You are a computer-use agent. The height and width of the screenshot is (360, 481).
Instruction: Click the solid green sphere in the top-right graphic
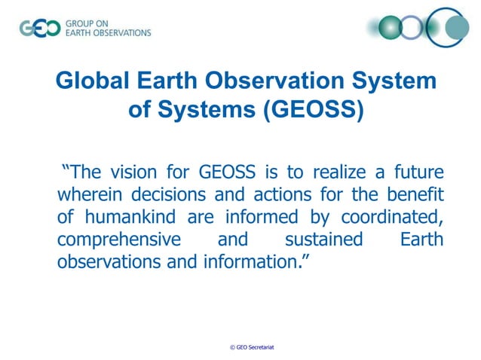[x=390, y=28]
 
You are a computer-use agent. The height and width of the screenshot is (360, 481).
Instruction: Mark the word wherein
[x=90, y=195]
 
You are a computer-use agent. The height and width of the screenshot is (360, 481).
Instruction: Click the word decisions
[x=170, y=195]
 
